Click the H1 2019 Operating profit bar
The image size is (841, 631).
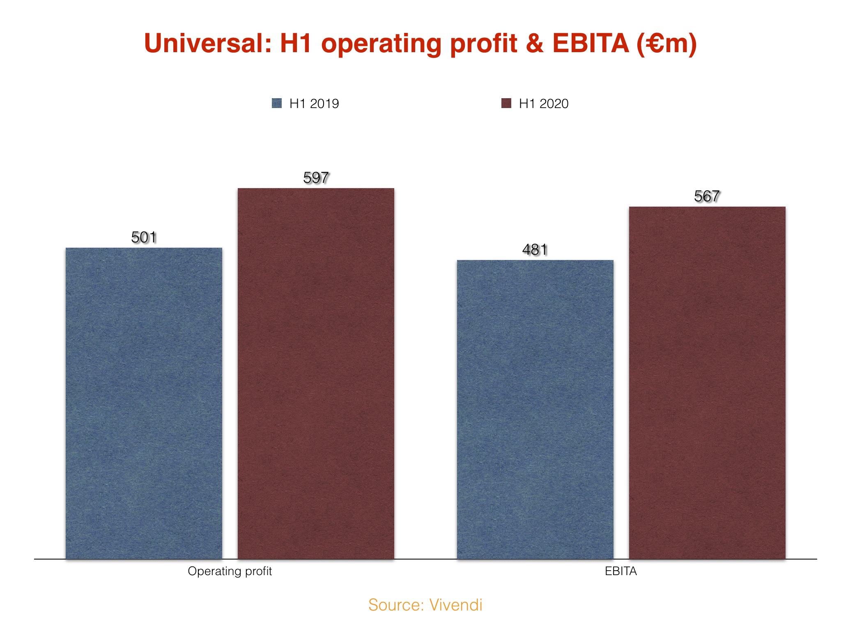[144, 403]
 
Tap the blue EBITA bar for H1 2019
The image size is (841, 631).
[535, 409]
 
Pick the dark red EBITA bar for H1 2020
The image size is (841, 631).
[707, 382]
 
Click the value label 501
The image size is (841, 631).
[144, 237]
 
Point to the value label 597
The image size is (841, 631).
[316, 178]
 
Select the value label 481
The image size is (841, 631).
[535, 250]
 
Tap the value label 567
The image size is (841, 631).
[707, 196]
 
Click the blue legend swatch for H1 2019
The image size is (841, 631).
[277, 103]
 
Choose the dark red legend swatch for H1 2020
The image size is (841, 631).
[506, 103]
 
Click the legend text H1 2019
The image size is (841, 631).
[314, 104]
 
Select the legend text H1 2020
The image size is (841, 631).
[544, 104]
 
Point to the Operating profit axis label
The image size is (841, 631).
[230, 571]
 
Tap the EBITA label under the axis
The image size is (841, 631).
[621, 571]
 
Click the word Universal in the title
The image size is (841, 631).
[207, 44]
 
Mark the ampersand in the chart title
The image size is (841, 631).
[534, 44]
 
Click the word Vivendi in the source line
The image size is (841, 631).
[456, 605]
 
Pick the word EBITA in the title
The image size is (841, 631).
[591, 44]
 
